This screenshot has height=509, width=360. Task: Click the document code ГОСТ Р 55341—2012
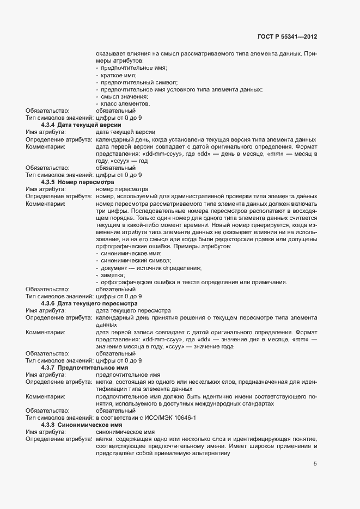(x=287, y=36)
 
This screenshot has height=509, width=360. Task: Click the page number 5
(x=315, y=464)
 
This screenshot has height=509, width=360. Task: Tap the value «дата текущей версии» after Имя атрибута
(x=125, y=132)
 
